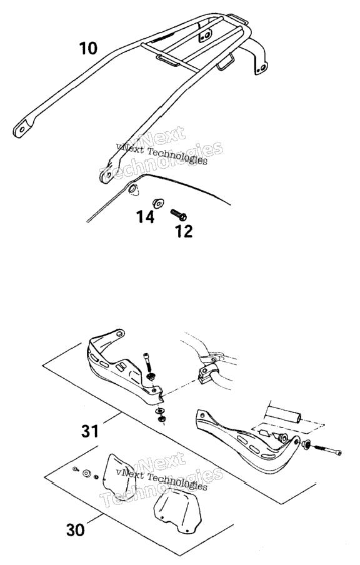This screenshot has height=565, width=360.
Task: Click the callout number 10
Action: click(x=88, y=48)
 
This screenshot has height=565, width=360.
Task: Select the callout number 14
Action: click(x=145, y=217)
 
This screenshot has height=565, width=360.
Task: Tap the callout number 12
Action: click(x=184, y=231)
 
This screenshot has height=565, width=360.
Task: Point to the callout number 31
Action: click(x=90, y=431)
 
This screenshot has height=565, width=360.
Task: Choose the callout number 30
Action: click(x=76, y=530)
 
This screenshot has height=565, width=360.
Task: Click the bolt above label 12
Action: click(x=178, y=214)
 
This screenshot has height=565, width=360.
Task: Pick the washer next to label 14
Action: click(x=158, y=203)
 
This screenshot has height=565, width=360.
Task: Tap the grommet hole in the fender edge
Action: click(x=132, y=189)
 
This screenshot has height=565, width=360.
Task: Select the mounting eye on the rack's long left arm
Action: click(x=22, y=129)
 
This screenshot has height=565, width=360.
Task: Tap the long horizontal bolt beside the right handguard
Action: click(x=328, y=451)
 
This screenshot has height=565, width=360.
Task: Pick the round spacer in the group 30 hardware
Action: click(x=87, y=474)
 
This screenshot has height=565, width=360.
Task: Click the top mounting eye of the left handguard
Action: click(x=119, y=334)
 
